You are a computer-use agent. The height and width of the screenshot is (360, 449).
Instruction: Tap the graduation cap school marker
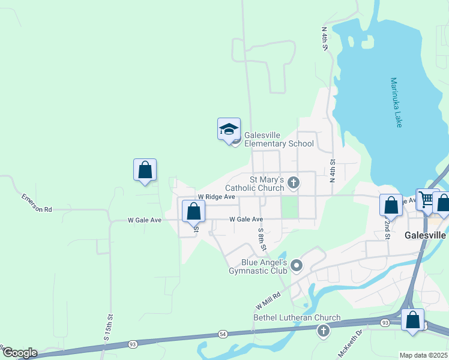point(229,130)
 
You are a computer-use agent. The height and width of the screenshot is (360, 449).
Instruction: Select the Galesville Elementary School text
point(279,139)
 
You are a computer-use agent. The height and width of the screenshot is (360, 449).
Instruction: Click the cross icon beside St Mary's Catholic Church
point(294,182)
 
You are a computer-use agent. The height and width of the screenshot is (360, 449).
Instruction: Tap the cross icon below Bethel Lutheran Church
point(324,331)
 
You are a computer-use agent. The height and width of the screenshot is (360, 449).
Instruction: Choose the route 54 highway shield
point(223,333)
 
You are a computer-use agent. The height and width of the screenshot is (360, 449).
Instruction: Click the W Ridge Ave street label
point(217,197)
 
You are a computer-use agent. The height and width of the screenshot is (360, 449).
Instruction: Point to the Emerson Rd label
point(37,202)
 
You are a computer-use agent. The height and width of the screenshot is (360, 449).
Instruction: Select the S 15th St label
point(109,328)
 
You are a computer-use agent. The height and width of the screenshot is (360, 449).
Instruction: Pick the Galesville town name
point(426,235)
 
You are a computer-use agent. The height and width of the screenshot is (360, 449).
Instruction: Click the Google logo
point(20,353)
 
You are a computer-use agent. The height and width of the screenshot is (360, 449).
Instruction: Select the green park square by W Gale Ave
point(289,208)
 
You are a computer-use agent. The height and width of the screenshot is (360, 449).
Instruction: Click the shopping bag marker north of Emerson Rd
point(145,170)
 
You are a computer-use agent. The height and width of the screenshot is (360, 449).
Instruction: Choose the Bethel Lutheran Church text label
point(297,317)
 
